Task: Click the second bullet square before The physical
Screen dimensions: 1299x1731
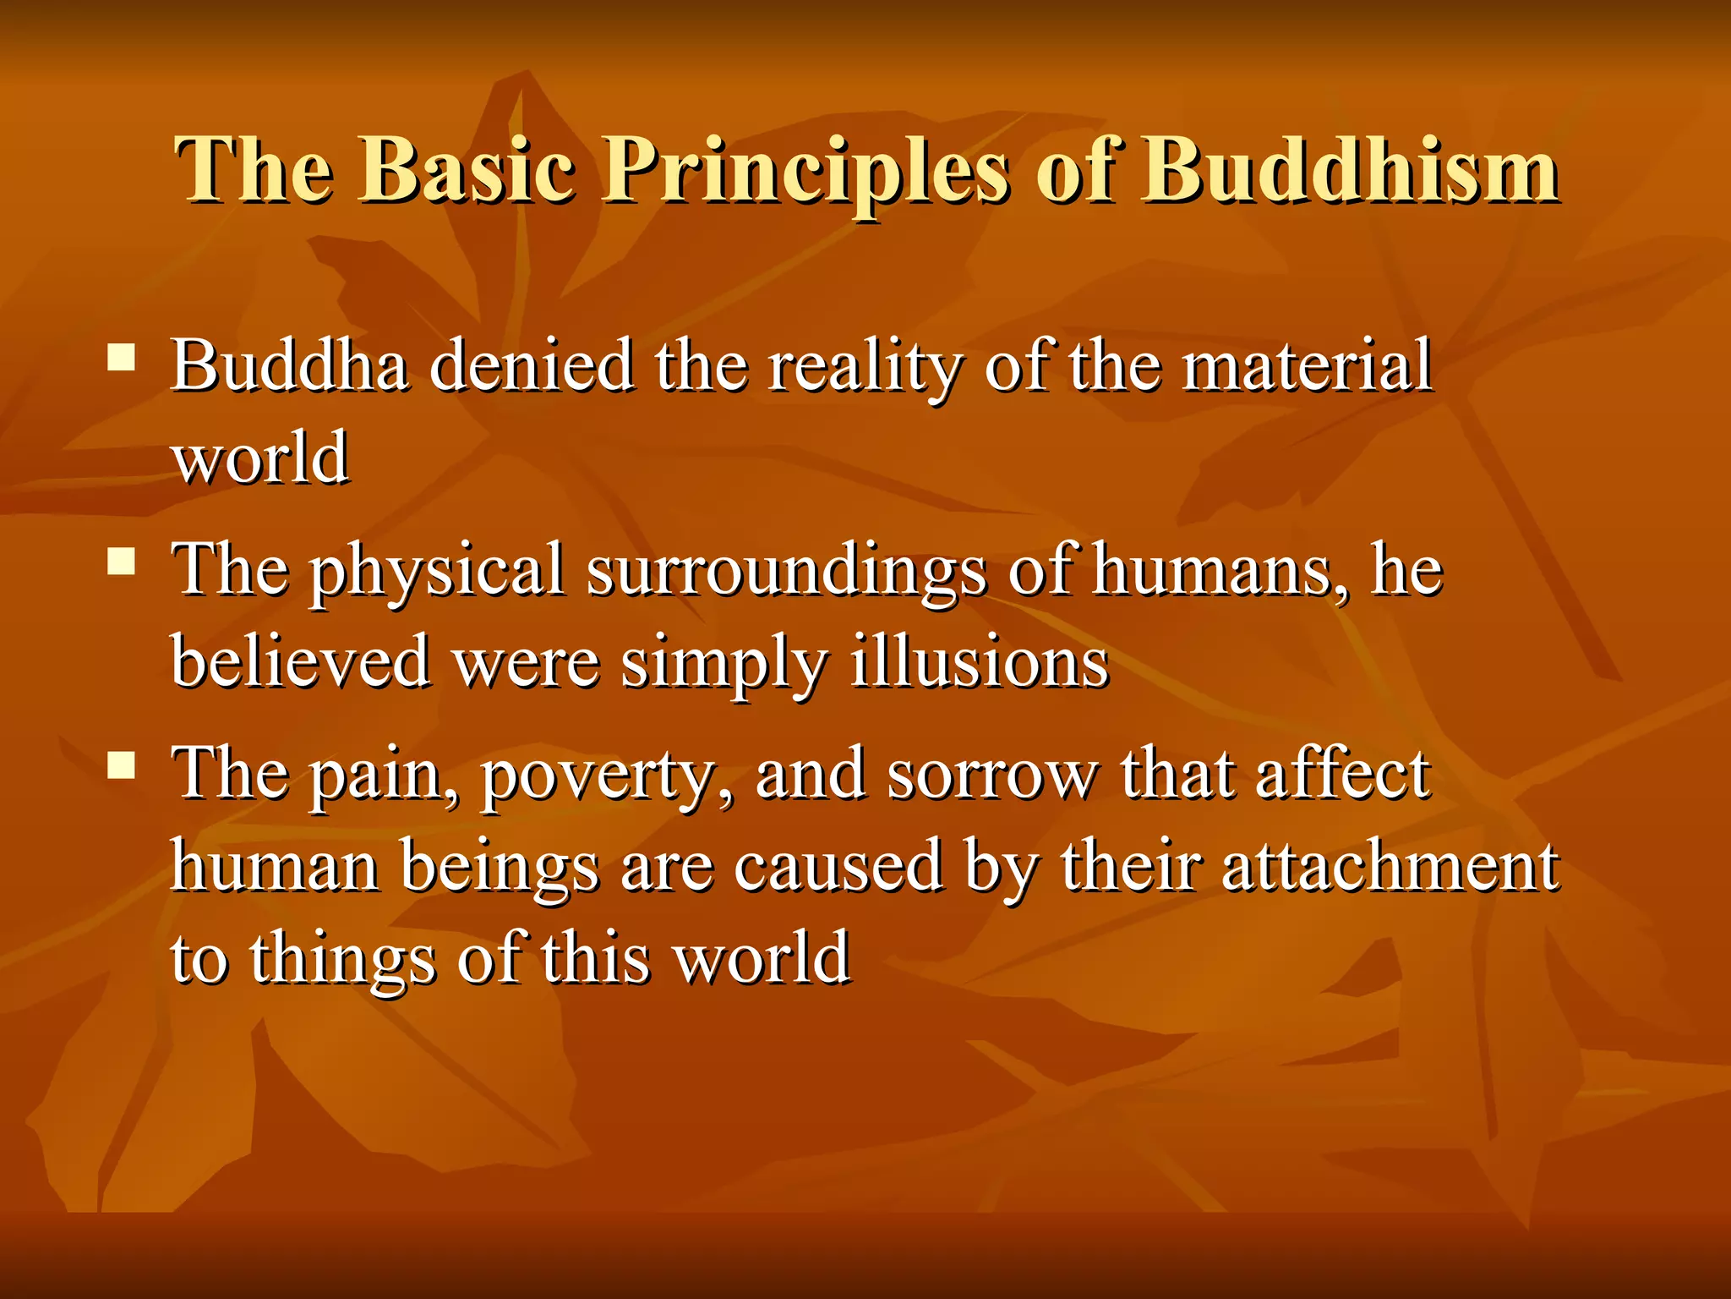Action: point(122,561)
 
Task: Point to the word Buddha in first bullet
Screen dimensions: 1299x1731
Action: point(290,365)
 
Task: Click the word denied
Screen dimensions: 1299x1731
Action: point(532,365)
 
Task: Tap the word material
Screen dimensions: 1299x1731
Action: point(1306,365)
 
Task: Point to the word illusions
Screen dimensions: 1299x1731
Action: point(979,662)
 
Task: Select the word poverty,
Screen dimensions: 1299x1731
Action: point(606,776)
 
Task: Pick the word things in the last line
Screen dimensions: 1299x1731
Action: point(341,959)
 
